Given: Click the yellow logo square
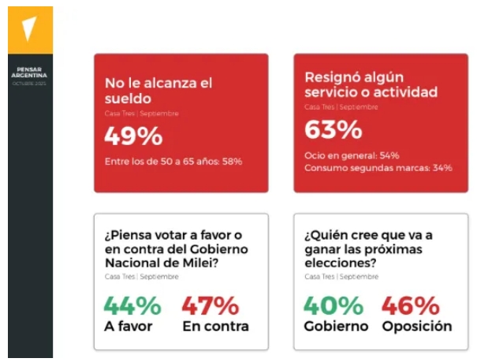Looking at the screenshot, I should pyautogui.click(x=30, y=30).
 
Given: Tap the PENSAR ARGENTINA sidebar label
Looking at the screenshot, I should pyautogui.click(x=30, y=74).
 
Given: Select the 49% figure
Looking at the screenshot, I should pyautogui.click(x=133, y=136).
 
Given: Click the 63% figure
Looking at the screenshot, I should pyautogui.click(x=333, y=129).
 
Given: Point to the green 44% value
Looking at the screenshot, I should pyautogui.click(x=132, y=305).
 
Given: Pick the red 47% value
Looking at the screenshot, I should pyautogui.click(x=210, y=305).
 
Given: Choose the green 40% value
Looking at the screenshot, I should pyautogui.click(x=332, y=305).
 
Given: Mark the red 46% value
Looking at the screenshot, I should pyautogui.click(x=410, y=305).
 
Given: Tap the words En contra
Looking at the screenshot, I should pyautogui.click(x=215, y=326).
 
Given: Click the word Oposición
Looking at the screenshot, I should pyautogui.click(x=416, y=326).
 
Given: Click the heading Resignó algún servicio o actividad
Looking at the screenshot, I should pyautogui.click(x=371, y=84).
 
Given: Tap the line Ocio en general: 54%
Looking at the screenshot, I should pyautogui.click(x=352, y=155).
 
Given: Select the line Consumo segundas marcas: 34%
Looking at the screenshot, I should pyautogui.click(x=378, y=168).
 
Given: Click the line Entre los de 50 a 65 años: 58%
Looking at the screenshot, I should pyautogui.click(x=173, y=161).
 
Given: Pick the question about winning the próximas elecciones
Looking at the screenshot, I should pyautogui.click(x=368, y=249).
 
